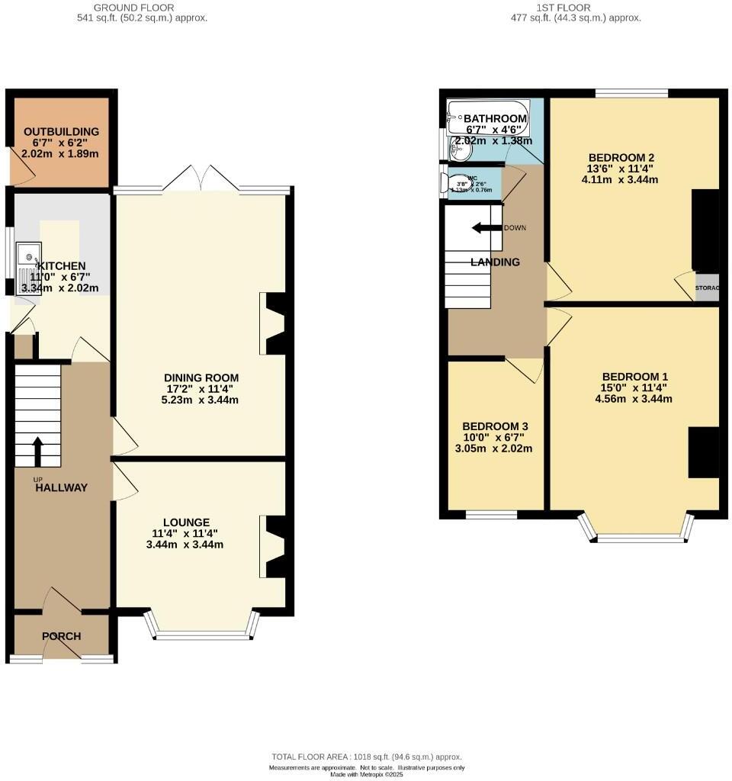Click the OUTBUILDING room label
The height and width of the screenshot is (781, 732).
point(60,130)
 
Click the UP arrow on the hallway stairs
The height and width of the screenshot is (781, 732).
point(37,450)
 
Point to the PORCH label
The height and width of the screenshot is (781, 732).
point(61,636)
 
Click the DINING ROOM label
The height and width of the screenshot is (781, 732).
point(201,378)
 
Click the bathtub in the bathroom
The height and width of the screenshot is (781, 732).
point(488,114)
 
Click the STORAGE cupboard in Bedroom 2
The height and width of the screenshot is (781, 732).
point(707,288)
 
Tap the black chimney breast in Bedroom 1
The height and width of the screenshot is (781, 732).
point(703,452)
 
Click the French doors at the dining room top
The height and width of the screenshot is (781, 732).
point(201,181)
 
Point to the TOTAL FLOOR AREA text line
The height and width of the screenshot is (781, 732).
point(367,757)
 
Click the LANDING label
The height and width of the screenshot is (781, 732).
point(495,262)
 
